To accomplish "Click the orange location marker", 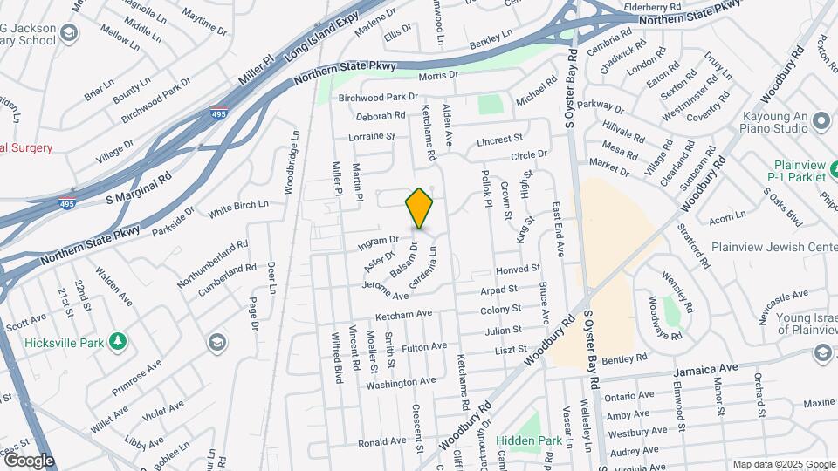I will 419,208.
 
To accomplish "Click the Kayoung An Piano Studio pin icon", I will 821,121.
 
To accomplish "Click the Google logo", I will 29,460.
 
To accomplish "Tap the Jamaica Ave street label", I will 705,371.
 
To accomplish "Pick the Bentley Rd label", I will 624,358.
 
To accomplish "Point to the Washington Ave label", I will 401,382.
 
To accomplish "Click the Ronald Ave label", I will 382,442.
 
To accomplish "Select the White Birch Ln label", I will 238,208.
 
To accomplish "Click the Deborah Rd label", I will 381,115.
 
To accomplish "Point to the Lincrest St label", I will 499,140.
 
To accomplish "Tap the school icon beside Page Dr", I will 215,342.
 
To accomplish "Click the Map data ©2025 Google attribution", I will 783,464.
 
